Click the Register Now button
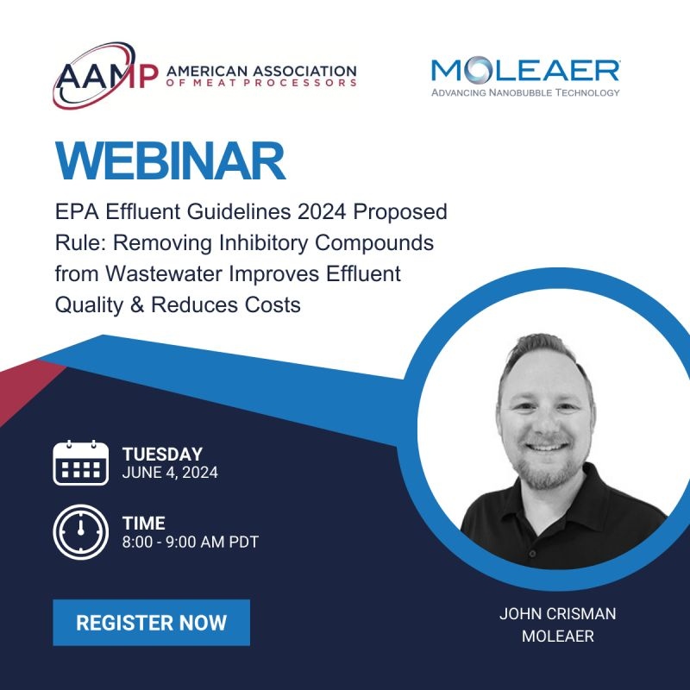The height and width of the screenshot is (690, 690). click(151, 623)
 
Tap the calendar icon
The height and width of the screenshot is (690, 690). click(80, 463)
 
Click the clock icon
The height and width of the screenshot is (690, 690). click(80, 531)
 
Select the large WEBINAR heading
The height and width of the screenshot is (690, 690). click(170, 161)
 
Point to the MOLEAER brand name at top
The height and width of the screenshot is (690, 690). click(525, 72)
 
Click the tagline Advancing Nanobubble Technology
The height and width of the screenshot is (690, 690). click(525, 92)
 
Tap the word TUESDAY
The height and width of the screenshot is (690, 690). click(162, 455)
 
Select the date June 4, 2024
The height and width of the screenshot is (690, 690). click(170, 473)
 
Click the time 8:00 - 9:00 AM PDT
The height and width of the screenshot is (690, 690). click(191, 543)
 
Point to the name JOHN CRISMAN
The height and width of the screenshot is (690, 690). click(557, 614)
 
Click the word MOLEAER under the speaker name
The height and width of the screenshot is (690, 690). click(557, 637)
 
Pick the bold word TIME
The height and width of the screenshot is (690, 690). click(144, 524)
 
